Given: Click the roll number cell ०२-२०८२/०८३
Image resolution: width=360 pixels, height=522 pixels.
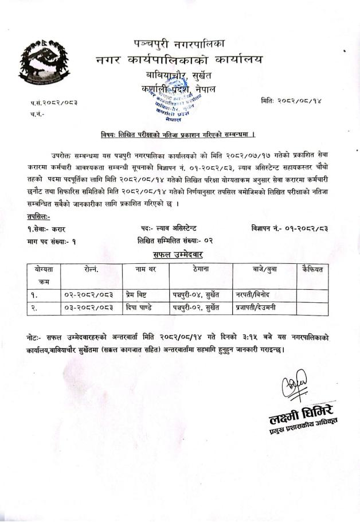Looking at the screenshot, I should point(89,295).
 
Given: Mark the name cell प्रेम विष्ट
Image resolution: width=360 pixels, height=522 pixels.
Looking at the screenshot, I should point(138,295).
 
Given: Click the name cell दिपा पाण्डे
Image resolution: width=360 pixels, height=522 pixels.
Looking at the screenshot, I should point(139,309).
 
